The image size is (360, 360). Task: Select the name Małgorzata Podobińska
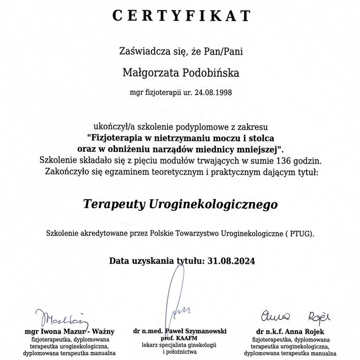pyautogui.click(x=180, y=71)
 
